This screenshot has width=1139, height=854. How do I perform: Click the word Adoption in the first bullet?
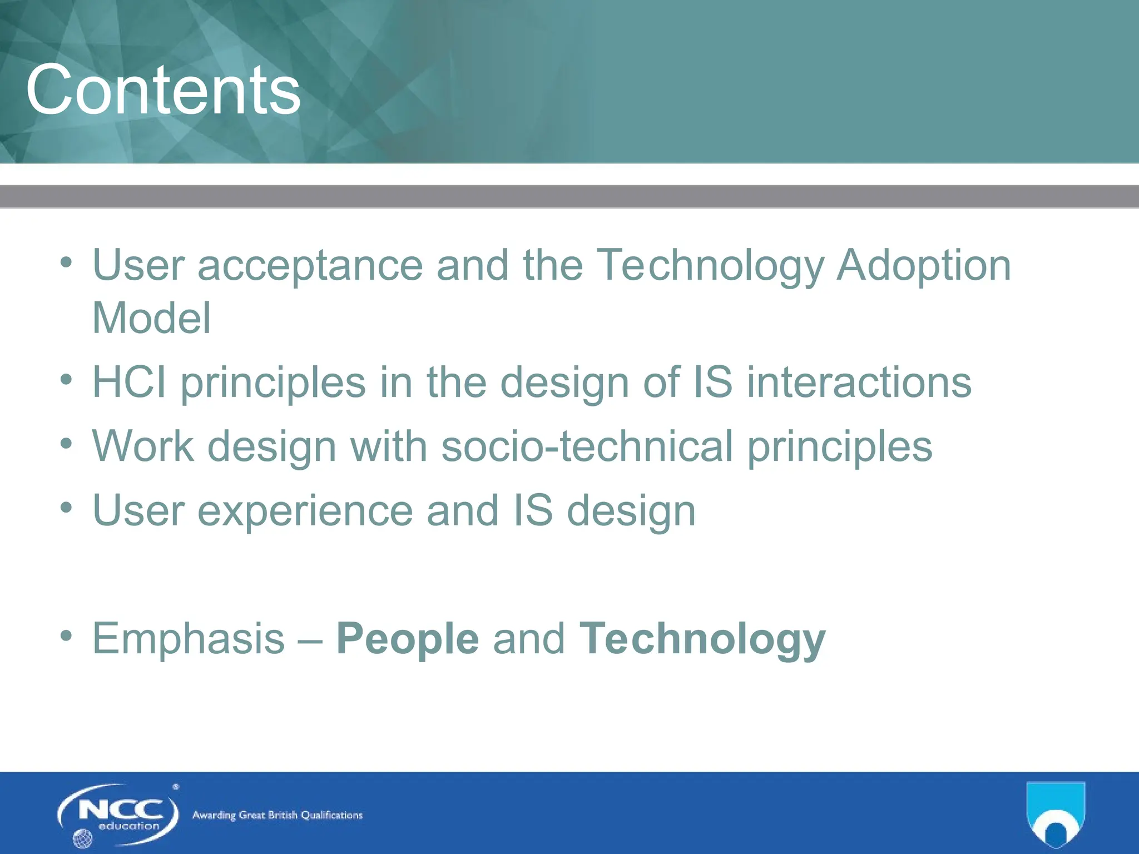923,266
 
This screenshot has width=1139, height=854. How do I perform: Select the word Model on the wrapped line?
151,318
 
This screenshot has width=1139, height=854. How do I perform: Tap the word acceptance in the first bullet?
310,266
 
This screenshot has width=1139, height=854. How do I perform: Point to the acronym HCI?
129,383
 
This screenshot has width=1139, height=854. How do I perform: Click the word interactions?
858,383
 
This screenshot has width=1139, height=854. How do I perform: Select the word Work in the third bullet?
143,446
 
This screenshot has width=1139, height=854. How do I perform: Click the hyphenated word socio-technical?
587,446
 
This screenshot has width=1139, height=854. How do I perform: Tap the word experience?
305,511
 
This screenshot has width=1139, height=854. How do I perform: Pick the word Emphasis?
188,639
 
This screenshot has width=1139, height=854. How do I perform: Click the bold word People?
407,639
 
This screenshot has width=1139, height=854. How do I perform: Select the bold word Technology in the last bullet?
702,639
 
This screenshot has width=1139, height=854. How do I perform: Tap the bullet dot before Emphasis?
67,636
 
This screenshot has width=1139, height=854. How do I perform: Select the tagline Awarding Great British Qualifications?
277,815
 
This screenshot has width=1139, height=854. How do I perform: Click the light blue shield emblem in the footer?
1055,812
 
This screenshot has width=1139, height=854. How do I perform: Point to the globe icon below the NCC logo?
82,838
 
